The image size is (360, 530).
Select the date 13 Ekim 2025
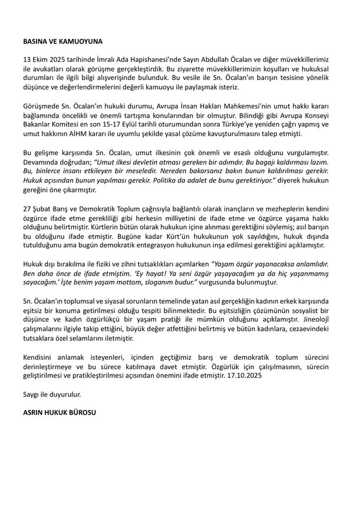click(41, 61)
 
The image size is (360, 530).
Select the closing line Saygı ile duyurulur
click(50, 393)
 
